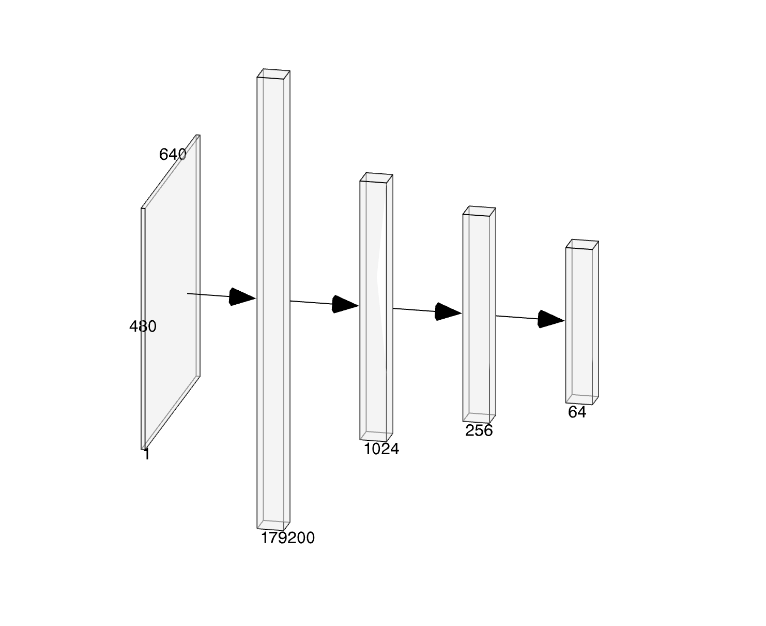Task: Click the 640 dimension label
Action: pyautogui.click(x=173, y=155)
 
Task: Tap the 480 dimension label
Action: pyautogui.click(x=143, y=326)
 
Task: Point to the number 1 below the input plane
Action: pyautogui.click(x=147, y=454)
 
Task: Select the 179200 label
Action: pyautogui.click(x=288, y=538)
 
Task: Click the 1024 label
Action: pyautogui.click(x=381, y=449)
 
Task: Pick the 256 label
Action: pyautogui.click(x=479, y=430)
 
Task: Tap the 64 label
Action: pyautogui.click(x=577, y=412)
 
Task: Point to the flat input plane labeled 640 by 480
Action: pyautogui.click(x=171, y=292)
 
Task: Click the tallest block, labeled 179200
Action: pyautogui.click(x=273, y=300)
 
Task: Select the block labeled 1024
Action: pyautogui.click(x=376, y=307)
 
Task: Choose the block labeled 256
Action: pyautogui.click(x=479, y=315)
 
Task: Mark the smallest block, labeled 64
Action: pyautogui.click(x=582, y=322)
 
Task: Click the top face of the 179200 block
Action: pyautogui.click(x=273, y=73)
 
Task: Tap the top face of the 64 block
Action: pyautogui.click(x=582, y=244)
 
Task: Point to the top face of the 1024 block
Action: pyautogui.click(x=376, y=177)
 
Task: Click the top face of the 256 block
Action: pyautogui.click(x=479, y=211)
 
